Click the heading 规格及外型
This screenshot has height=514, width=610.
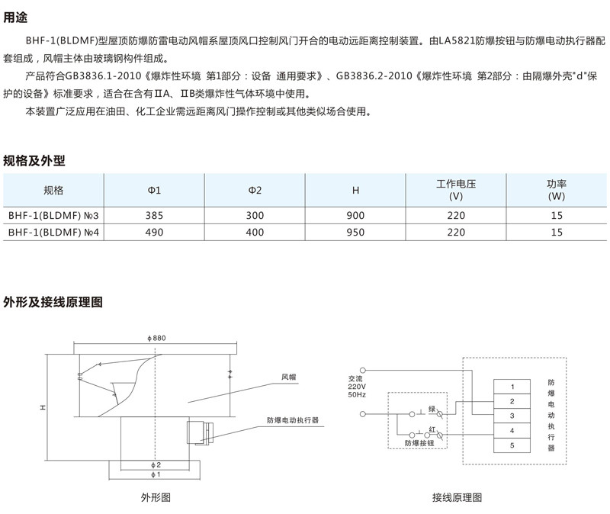click(x=34, y=160)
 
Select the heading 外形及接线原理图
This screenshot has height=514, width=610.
click(x=53, y=302)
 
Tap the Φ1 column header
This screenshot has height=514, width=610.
click(x=154, y=190)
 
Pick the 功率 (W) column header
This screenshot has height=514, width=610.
click(x=557, y=190)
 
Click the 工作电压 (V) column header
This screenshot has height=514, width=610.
click(x=456, y=190)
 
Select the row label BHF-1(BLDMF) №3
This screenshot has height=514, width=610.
click(x=54, y=216)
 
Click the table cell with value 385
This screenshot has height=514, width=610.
click(x=154, y=216)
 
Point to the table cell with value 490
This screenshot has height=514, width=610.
click(x=154, y=233)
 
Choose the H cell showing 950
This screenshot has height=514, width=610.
click(x=355, y=233)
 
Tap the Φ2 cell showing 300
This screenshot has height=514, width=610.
click(x=255, y=216)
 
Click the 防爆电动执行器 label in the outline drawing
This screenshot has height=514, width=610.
click(x=292, y=419)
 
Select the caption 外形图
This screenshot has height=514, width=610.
click(x=155, y=497)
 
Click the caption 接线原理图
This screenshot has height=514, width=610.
click(x=457, y=497)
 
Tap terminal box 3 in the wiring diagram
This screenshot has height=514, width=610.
click(x=512, y=416)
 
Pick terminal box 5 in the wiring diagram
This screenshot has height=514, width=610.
click(x=512, y=445)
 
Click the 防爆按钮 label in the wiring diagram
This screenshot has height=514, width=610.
click(x=419, y=442)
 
